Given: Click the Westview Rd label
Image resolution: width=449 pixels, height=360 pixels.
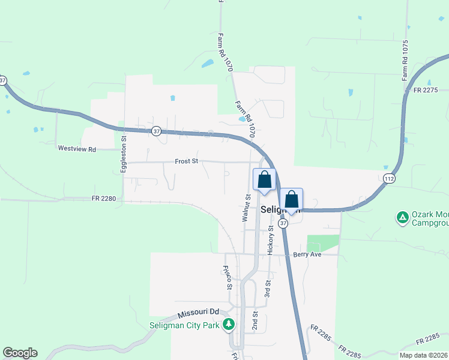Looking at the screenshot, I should tap(76, 148).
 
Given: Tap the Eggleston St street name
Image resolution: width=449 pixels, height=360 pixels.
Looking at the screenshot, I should tap(124, 155).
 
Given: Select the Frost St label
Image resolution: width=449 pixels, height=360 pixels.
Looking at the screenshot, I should tap(186, 161).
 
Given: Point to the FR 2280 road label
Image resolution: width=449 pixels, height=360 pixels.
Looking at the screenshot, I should tap(103, 198).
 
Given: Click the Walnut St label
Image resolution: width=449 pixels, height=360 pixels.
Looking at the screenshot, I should tap(246, 208).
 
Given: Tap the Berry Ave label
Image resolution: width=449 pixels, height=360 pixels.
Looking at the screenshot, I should tap(307, 254).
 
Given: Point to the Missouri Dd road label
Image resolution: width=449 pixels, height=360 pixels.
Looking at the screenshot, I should tap(197, 313).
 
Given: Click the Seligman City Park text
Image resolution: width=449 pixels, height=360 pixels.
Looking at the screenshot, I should tap(185, 326).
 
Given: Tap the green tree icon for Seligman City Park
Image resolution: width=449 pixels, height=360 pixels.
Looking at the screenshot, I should tap(228, 325).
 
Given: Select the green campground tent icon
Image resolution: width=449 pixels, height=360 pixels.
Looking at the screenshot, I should tap(402, 215).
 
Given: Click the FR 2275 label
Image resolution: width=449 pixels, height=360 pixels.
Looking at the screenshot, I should tap(427, 90).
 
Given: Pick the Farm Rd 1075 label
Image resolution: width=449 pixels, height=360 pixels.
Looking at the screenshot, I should tap(406, 61).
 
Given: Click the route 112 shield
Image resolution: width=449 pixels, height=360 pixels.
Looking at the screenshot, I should tap(388, 178).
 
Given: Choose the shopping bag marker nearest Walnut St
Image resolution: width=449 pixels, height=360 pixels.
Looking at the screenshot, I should tap(264, 180).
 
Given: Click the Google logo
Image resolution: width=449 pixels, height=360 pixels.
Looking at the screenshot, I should tap(20, 353).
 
